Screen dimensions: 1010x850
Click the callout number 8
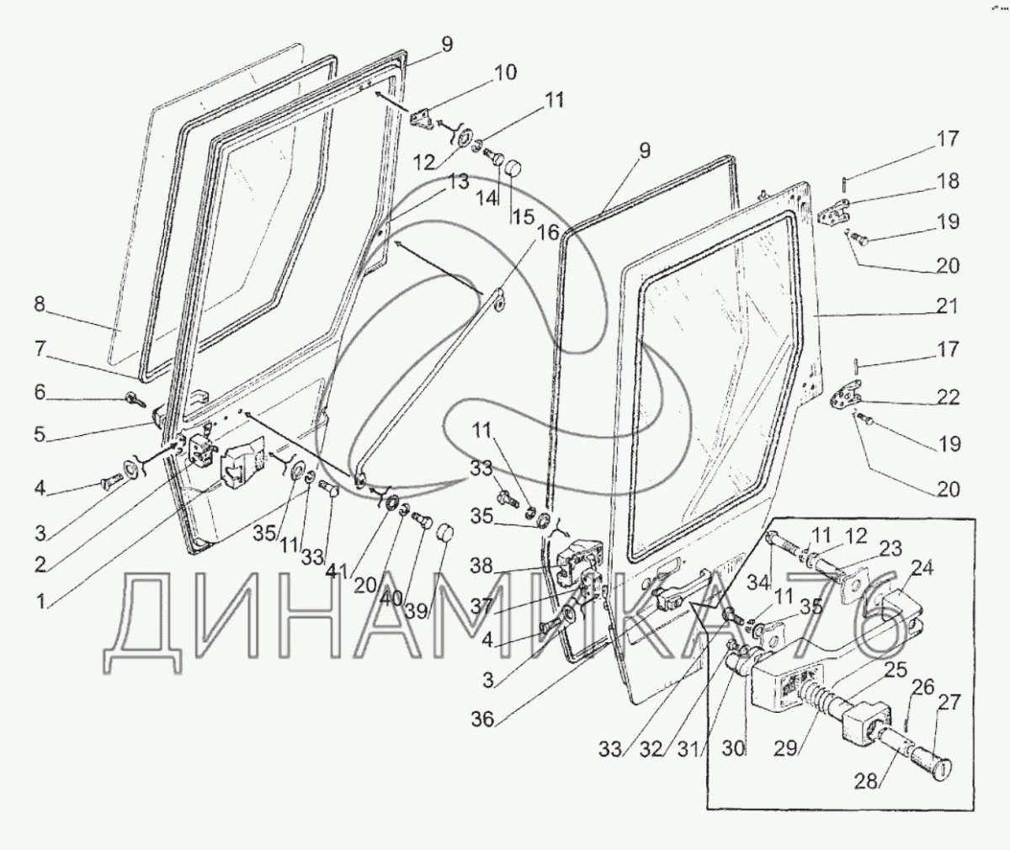coord(40,305)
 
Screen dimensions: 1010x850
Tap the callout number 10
coord(506,72)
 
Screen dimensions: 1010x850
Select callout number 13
coord(458,182)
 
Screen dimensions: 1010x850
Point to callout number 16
coord(547,232)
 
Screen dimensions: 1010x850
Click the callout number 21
coord(946,305)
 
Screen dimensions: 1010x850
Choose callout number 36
coord(483,720)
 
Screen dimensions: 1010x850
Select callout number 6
coord(40,392)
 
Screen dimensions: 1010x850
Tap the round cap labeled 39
coord(445,533)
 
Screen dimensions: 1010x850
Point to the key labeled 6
coord(133,399)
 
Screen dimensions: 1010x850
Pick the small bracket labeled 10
coord(423,118)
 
